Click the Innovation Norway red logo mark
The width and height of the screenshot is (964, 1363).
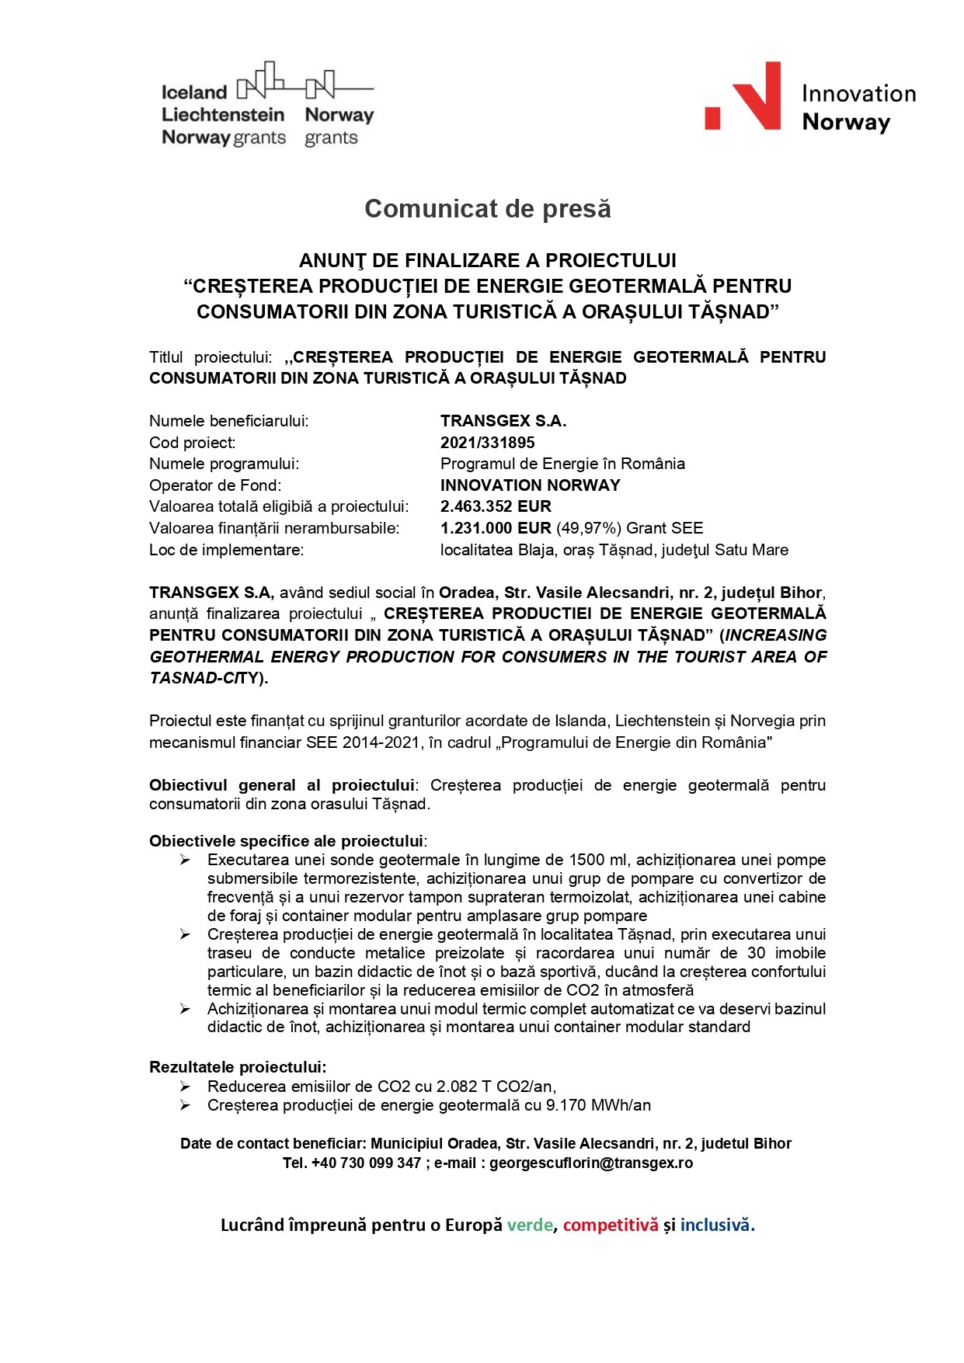point(743,96)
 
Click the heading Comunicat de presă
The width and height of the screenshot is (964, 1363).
point(487,209)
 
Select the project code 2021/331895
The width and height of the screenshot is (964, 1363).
point(487,443)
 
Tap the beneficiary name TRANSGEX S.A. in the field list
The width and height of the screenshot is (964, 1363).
point(503,421)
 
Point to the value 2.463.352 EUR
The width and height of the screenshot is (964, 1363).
point(496,506)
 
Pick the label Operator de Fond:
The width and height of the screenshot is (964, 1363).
point(215,485)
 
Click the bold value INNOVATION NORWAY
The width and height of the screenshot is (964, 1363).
point(530,485)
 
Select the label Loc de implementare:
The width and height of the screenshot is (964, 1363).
point(226,550)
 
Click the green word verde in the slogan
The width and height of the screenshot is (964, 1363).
point(530,1225)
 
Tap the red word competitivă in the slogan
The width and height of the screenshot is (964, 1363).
point(611,1225)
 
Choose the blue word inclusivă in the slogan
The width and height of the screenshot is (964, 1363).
point(717,1225)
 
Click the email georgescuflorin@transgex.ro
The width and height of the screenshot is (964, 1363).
point(590,1163)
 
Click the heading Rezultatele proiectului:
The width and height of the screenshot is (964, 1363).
point(238,1067)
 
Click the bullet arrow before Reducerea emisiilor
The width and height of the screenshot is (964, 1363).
point(185,1087)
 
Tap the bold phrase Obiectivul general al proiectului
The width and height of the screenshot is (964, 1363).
point(282,785)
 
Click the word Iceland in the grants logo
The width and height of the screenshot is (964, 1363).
point(194,92)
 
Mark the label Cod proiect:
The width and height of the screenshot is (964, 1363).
point(192,443)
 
